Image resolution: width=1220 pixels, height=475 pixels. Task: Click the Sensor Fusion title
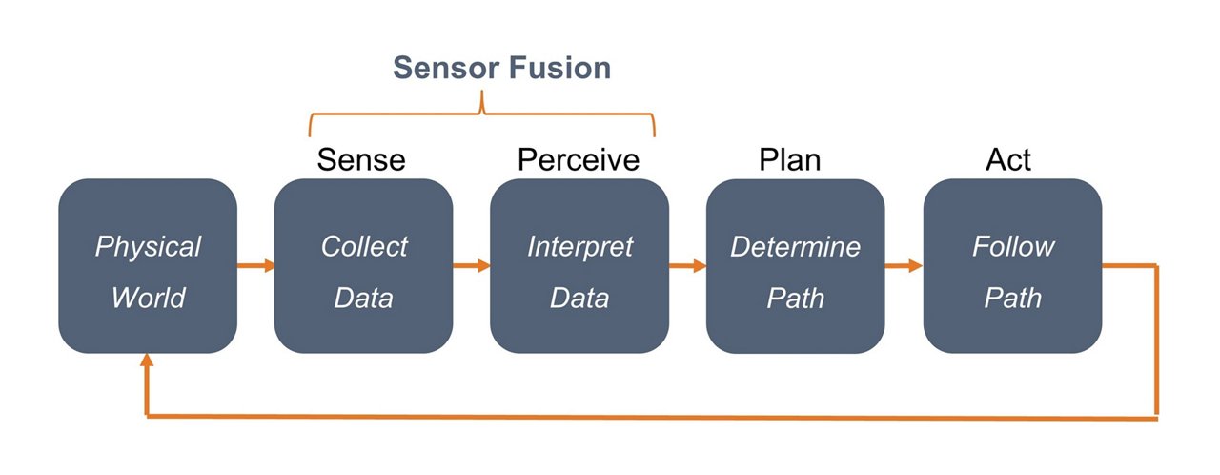click(x=501, y=68)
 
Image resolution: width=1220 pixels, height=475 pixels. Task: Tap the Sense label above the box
click(x=361, y=159)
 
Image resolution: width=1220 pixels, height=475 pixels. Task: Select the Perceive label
click(x=578, y=159)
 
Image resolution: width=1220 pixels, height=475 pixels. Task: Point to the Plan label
click(x=790, y=159)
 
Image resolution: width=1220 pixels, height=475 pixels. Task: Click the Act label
click(x=1007, y=159)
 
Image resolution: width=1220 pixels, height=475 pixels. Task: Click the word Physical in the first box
click(x=148, y=247)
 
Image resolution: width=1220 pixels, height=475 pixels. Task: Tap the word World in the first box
click(x=148, y=298)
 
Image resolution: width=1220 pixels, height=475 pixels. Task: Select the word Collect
click(x=363, y=247)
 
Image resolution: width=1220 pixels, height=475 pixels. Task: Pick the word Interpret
click(x=579, y=247)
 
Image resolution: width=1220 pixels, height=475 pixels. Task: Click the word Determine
click(x=795, y=247)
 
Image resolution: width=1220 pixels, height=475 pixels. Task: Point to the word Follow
click(x=1012, y=247)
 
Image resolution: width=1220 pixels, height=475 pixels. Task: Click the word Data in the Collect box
click(x=363, y=298)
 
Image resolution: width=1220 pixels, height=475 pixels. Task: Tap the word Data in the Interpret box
click(x=579, y=298)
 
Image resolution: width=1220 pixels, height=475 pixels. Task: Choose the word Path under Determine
click(x=795, y=298)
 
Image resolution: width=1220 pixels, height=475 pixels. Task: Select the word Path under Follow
click(x=1012, y=298)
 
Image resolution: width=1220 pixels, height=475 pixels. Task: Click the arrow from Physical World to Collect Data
click(x=255, y=266)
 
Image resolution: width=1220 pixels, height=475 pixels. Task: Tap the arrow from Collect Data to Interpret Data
click(x=472, y=266)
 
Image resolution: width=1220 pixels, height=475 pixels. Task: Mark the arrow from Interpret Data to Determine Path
click(x=687, y=266)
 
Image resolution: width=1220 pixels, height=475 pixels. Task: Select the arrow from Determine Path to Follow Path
click(x=904, y=266)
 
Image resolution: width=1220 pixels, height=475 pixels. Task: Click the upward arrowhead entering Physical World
click(x=147, y=361)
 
